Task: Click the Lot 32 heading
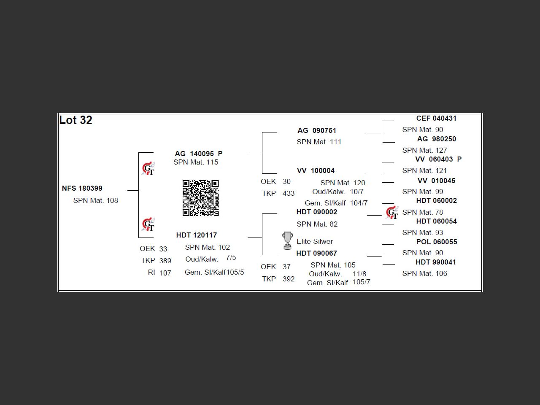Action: [x=76, y=120]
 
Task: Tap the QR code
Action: [x=200, y=198]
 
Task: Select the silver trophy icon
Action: [x=287, y=240]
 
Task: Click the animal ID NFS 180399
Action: [x=82, y=188]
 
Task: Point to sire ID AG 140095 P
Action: [x=198, y=154]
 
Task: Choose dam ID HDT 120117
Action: [x=196, y=235]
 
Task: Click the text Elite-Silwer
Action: [x=315, y=241]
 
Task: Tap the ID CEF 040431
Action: [x=436, y=119]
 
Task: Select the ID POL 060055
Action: [x=436, y=242]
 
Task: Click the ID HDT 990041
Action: [x=436, y=262]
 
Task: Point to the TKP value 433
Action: [x=289, y=193]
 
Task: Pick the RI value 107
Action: [x=165, y=273]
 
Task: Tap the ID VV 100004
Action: [x=316, y=170]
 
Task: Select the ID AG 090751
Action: [x=317, y=130]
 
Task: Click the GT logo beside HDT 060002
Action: [x=392, y=212]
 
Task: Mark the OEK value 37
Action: [x=286, y=267]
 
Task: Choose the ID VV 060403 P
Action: [x=438, y=159]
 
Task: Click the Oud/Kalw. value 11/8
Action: [x=359, y=274]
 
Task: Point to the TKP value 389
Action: [x=165, y=261]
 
